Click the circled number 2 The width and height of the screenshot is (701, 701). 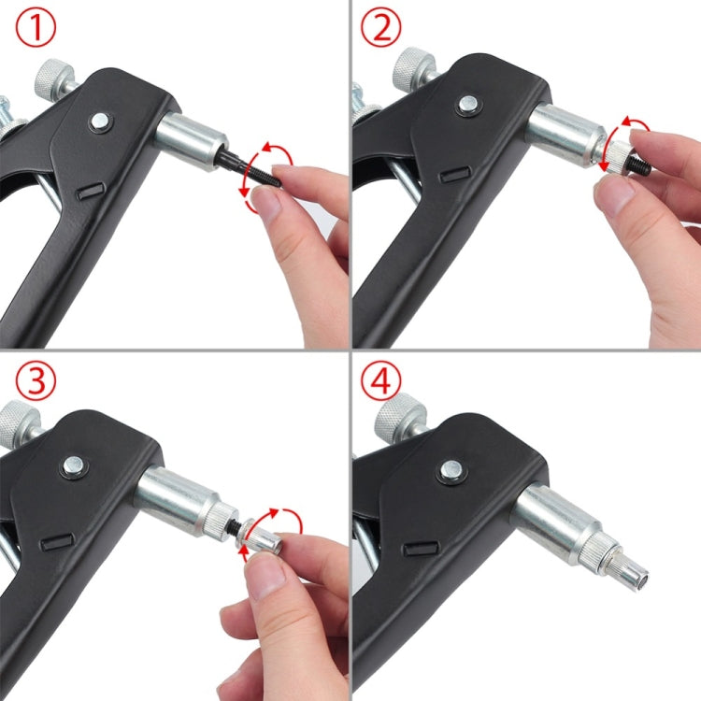point(381,29)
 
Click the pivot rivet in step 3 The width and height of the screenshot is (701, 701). point(72,465)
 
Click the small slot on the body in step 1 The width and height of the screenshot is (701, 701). point(90,190)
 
